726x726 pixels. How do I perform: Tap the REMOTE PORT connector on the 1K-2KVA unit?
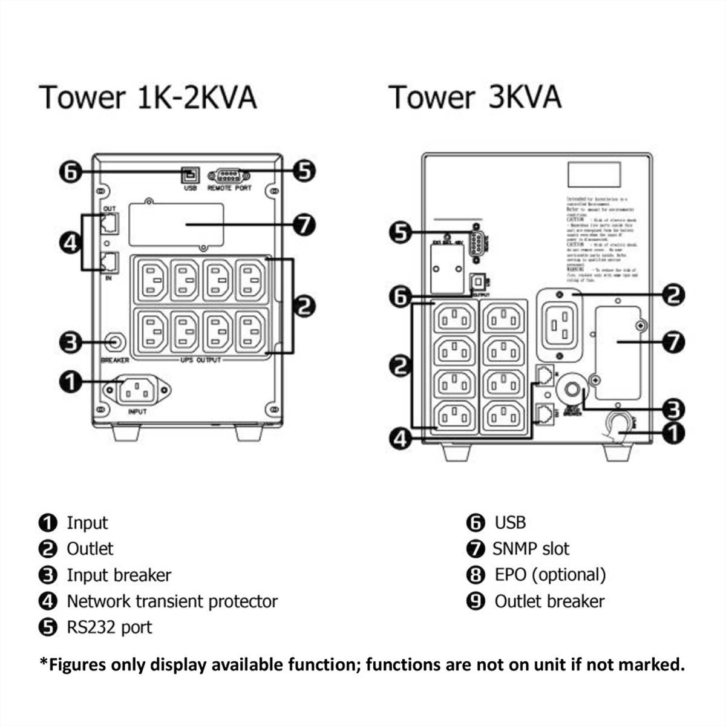229,176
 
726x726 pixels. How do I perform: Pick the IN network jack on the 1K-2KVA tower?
110,263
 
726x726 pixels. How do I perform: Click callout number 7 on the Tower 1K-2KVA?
304,225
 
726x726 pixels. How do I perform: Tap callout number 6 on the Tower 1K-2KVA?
71,172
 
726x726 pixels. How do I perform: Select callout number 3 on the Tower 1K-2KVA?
70,342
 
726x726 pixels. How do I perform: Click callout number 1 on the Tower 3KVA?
673,433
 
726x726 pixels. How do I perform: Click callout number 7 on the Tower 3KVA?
673,342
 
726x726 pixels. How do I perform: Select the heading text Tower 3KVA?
475,97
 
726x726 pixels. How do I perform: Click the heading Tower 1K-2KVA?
148,97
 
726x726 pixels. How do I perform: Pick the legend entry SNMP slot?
531,549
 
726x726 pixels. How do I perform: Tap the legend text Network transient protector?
172,601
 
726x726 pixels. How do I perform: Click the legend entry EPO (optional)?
550,575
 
